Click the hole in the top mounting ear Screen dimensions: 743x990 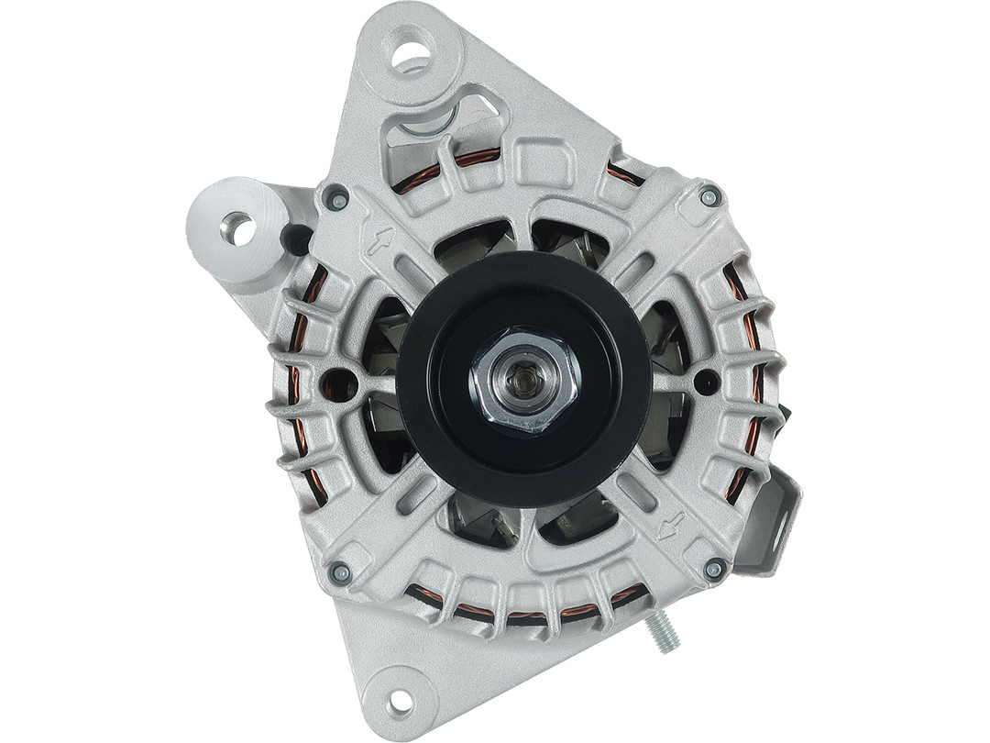coord(412,48)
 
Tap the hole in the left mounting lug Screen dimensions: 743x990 coord(237,227)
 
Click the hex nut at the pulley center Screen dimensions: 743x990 coord(523,379)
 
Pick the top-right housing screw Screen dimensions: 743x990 coord(709,195)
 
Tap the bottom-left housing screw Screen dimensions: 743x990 coord(340,572)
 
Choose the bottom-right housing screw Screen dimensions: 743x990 coord(713,569)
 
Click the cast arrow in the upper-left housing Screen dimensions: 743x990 coord(378,241)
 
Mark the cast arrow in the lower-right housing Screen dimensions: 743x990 coord(671,526)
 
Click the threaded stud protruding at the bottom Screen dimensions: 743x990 coord(662,633)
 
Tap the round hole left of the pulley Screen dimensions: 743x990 coord(337,383)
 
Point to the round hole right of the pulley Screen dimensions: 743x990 coord(705,381)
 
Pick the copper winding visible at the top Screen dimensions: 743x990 coord(477,157)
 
